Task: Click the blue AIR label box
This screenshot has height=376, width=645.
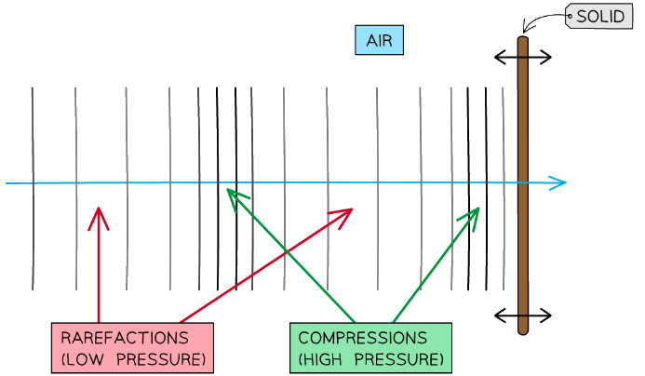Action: click(x=379, y=41)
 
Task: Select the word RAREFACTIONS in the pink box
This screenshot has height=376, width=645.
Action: click(x=125, y=338)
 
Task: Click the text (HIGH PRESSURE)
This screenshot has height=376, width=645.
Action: click(x=370, y=358)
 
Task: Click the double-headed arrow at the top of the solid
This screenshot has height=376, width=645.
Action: click(x=522, y=58)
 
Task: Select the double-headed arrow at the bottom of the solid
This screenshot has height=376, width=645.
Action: click(x=522, y=314)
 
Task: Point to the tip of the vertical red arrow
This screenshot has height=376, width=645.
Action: click(x=98, y=209)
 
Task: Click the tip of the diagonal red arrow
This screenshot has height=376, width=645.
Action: click(x=352, y=209)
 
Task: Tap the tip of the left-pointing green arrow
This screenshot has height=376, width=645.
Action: click(x=229, y=191)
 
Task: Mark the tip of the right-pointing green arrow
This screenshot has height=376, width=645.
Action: click(x=477, y=208)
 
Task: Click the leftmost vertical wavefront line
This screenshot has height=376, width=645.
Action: click(x=33, y=186)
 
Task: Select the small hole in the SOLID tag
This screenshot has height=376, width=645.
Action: click(x=570, y=17)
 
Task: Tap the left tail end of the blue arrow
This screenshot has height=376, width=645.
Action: click(x=7, y=183)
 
